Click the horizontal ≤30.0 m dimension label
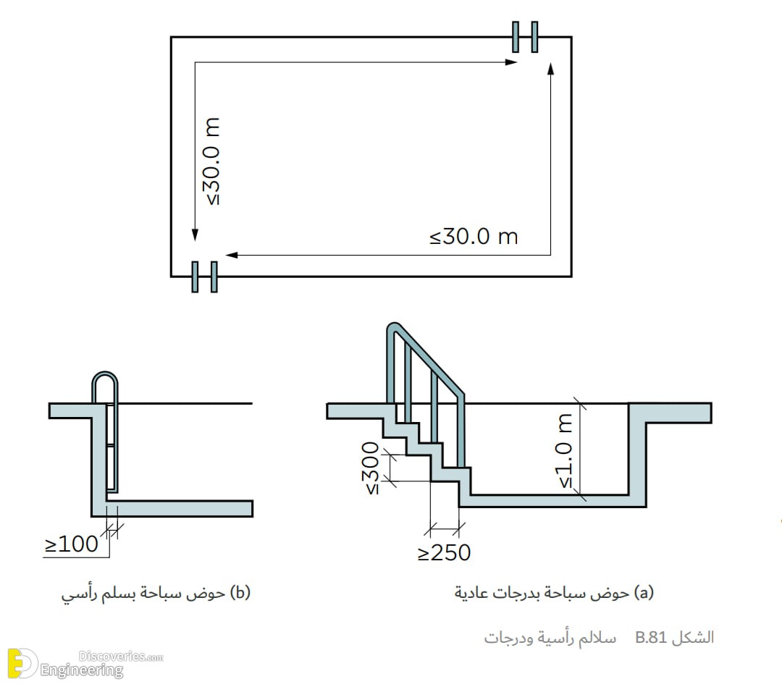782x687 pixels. [474, 236]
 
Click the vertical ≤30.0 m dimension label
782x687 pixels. [211, 161]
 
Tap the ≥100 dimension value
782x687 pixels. [71, 544]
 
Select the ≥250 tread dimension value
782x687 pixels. [444, 552]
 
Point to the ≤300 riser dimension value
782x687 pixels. [371, 468]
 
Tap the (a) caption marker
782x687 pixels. [644, 592]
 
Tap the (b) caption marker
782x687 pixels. [240, 592]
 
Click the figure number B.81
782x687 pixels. [651, 637]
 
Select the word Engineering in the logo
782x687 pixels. [82, 670]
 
